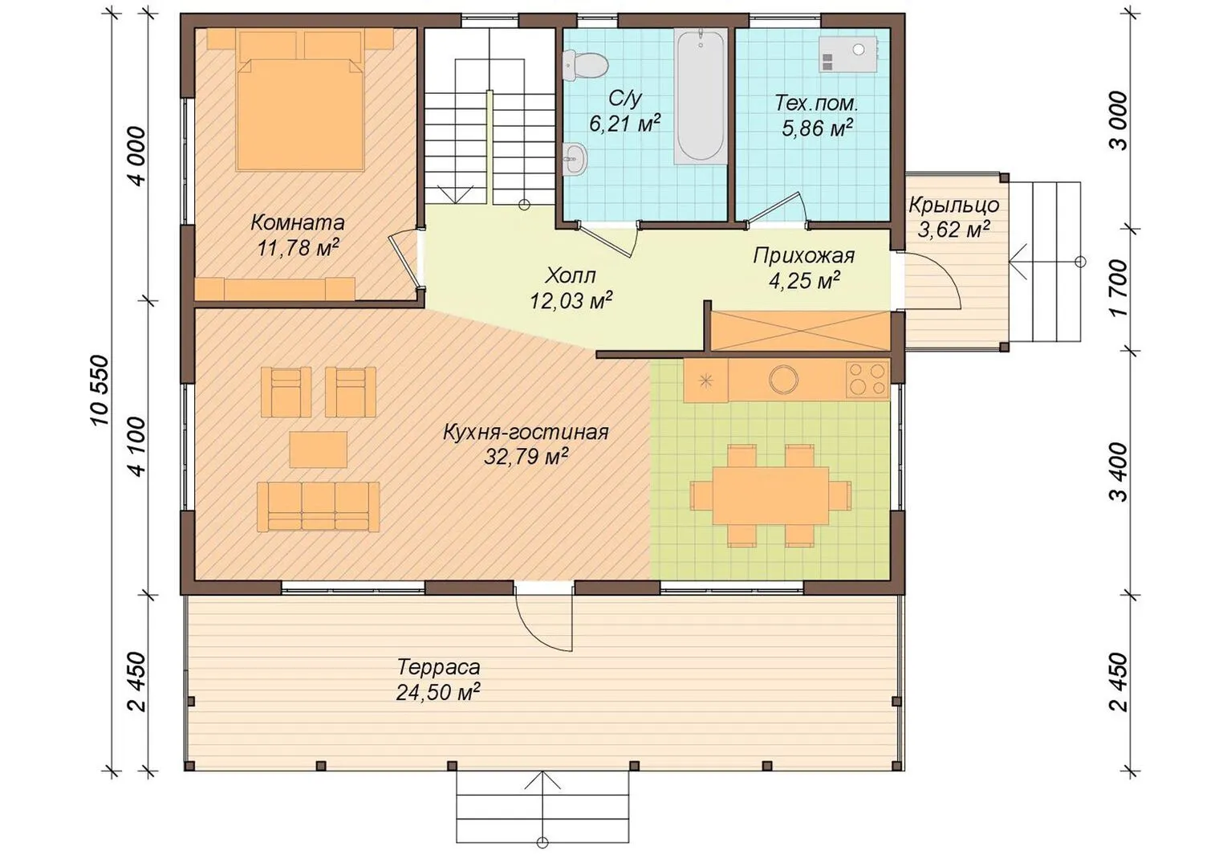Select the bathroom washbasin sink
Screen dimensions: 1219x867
tap(574, 159)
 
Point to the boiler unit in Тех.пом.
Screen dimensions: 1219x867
tap(848, 55)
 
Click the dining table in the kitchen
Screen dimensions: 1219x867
tap(770, 495)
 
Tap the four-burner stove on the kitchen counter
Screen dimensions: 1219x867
tap(867, 379)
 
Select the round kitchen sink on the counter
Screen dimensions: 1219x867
tap(783, 379)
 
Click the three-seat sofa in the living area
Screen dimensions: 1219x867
tap(319, 507)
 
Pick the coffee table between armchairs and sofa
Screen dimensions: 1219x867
tap(319, 450)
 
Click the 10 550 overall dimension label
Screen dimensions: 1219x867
tap(101, 390)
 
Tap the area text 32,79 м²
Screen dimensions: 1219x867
tap(526, 457)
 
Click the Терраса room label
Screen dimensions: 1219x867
tap(439, 667)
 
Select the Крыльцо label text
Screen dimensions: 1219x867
tap(953, 206)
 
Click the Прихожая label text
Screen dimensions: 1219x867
tap(804, 256)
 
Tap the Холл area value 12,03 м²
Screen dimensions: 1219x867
tap(571, 300)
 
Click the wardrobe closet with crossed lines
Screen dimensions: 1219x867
tap(801, 331)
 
